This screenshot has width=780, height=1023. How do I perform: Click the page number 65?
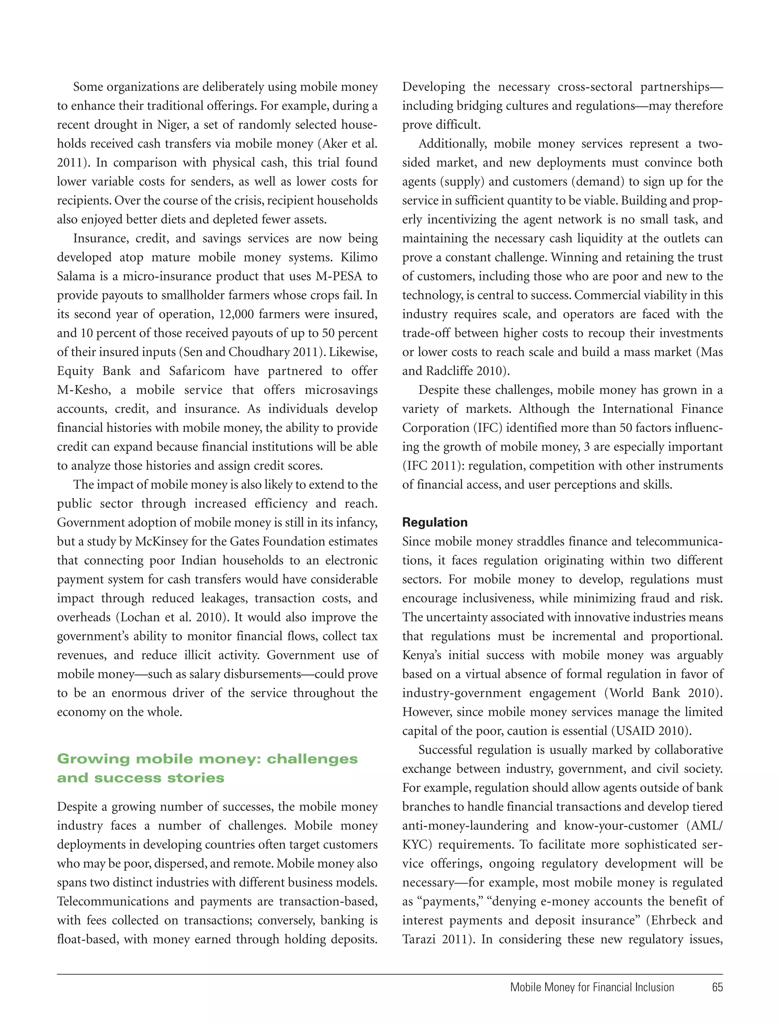(717, 987)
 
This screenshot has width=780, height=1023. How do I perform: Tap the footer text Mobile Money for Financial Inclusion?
(592, 987)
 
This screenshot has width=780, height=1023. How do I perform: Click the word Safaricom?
(197, 371)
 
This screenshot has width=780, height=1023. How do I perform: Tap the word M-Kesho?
(83, 390)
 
